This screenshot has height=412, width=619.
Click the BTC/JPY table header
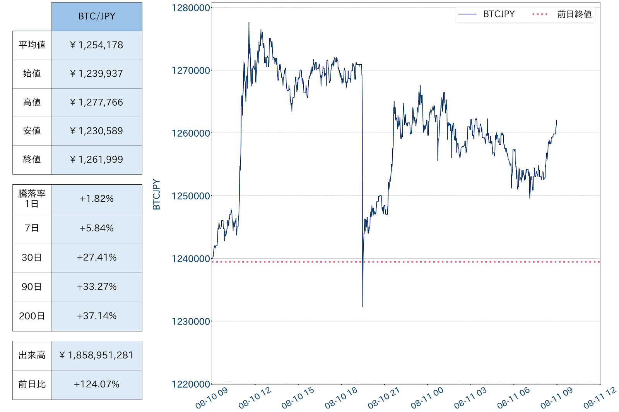(x=97, y=17)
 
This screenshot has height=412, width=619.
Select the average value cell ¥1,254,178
(x=97, y=45)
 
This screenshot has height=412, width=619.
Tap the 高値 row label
(x=32, y=103)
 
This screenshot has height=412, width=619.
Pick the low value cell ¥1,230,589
(x=97, y=131)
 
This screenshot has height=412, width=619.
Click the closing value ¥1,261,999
(x=97, y=160)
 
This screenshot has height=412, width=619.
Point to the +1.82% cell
(x=97, y=199)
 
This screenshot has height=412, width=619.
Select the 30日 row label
(x=32, y=258)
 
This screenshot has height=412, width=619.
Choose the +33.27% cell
(x=97, y=287)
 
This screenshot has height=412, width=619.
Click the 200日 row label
(x=32, y=316)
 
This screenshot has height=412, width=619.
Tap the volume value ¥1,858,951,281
(x=97, y=355)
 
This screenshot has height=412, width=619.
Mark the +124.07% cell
(x=97, y=385)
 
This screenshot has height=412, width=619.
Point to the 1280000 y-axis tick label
(x=191, y=8)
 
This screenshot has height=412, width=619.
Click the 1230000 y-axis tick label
(x=191, y=321)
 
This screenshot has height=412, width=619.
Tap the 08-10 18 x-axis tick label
(x=341, y=398)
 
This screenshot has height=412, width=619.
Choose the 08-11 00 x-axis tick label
(x=427, y=398)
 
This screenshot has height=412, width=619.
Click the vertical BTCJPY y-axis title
(x=156, y=194)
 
